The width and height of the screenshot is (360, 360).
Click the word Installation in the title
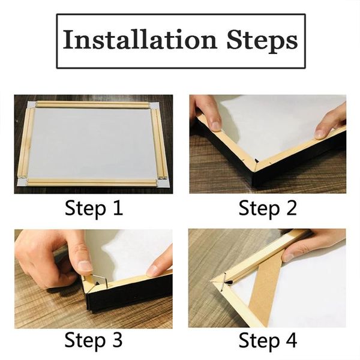(x=139, y=41)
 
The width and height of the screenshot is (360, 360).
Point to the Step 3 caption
(x=94, y=340)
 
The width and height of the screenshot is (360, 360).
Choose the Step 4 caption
(x=268, y=340)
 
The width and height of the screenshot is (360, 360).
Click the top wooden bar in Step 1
(x=93, y=105)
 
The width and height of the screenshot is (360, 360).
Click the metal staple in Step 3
(x=96, y=279)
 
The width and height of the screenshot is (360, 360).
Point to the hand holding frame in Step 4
(x=312, y=243)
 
